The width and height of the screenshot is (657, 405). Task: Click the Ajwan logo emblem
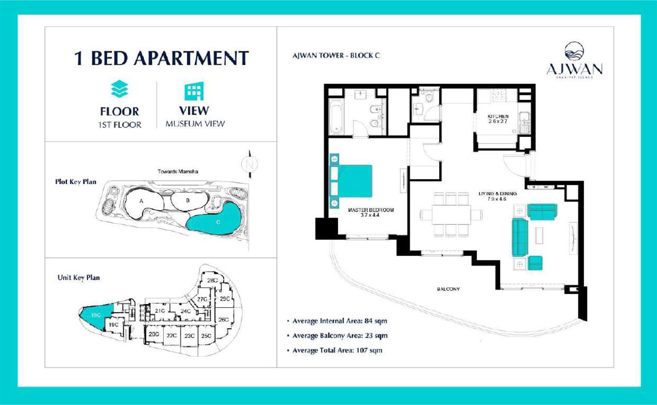click(x=574, y=51)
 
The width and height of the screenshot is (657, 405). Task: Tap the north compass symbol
click(x=249, y=164)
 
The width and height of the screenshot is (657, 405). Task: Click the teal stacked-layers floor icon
click(x=120, y=89)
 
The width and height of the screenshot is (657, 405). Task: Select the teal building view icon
click(x=194, y=91)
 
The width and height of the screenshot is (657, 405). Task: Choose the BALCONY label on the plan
click(x=448, y=289)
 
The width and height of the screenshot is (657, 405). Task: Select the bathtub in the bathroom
click(x=336, y=116)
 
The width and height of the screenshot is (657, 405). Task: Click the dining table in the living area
click(x=451, y=215)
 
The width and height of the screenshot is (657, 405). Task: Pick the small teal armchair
click(x=535, y=263)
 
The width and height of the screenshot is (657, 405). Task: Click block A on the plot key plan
click(x=142, y=201)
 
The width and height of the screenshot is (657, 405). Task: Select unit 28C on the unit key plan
click(x=212, y=280)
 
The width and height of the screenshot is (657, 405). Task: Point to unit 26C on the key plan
click(x=223, y=320)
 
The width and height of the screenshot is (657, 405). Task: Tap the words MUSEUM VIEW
click(x=195, y=124)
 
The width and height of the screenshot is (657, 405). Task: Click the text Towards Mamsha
click(x=178, y=171)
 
